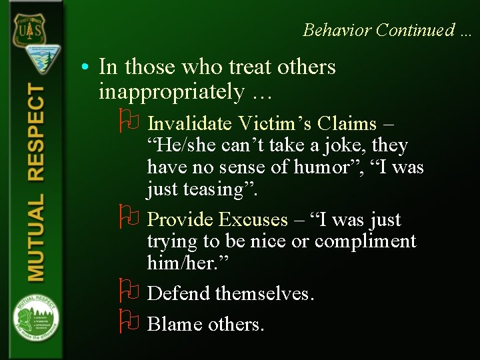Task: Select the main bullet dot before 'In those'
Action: click(x=87, y=67)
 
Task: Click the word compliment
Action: click(x=365, y=241)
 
